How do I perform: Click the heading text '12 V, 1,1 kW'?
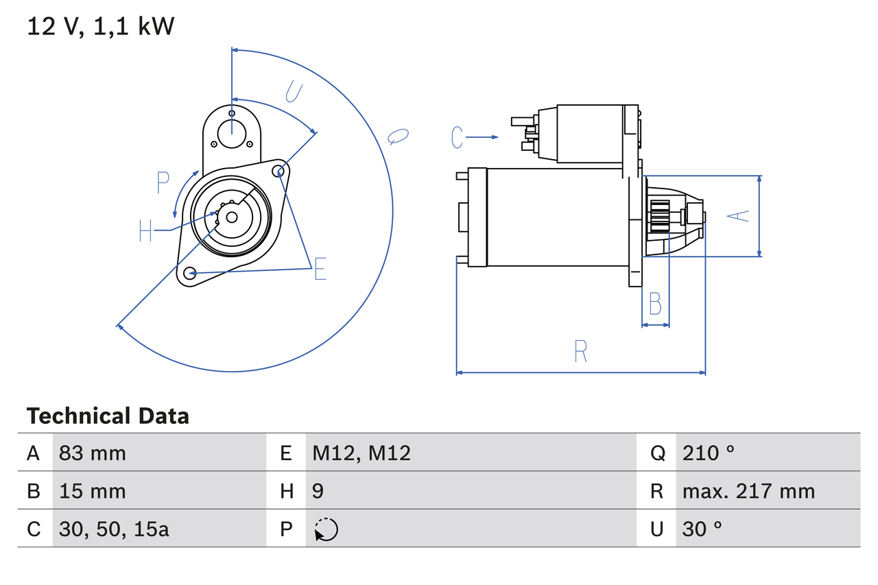point(101,27)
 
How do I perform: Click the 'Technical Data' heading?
point(108,416)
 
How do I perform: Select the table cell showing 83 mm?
point(93,453)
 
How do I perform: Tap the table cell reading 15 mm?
point(93,491)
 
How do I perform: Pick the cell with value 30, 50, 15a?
point(114,529)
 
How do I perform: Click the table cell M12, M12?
point(361,453)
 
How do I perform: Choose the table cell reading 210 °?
point(709,453)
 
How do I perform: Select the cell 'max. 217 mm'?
point(748,491)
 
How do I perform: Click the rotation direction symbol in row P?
point(326,529)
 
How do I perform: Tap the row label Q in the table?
point(657,453)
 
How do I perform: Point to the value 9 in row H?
point(318,491)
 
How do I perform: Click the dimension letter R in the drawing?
point(580,351)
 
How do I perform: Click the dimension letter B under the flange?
point(655,303)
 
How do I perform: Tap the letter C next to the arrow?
point(458,137)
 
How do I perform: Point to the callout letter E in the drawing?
point(320,270)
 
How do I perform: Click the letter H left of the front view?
point(145,230)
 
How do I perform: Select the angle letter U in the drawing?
point(293,92)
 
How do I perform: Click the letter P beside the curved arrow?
point(163,183)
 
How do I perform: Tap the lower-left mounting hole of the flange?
point(191,273)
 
